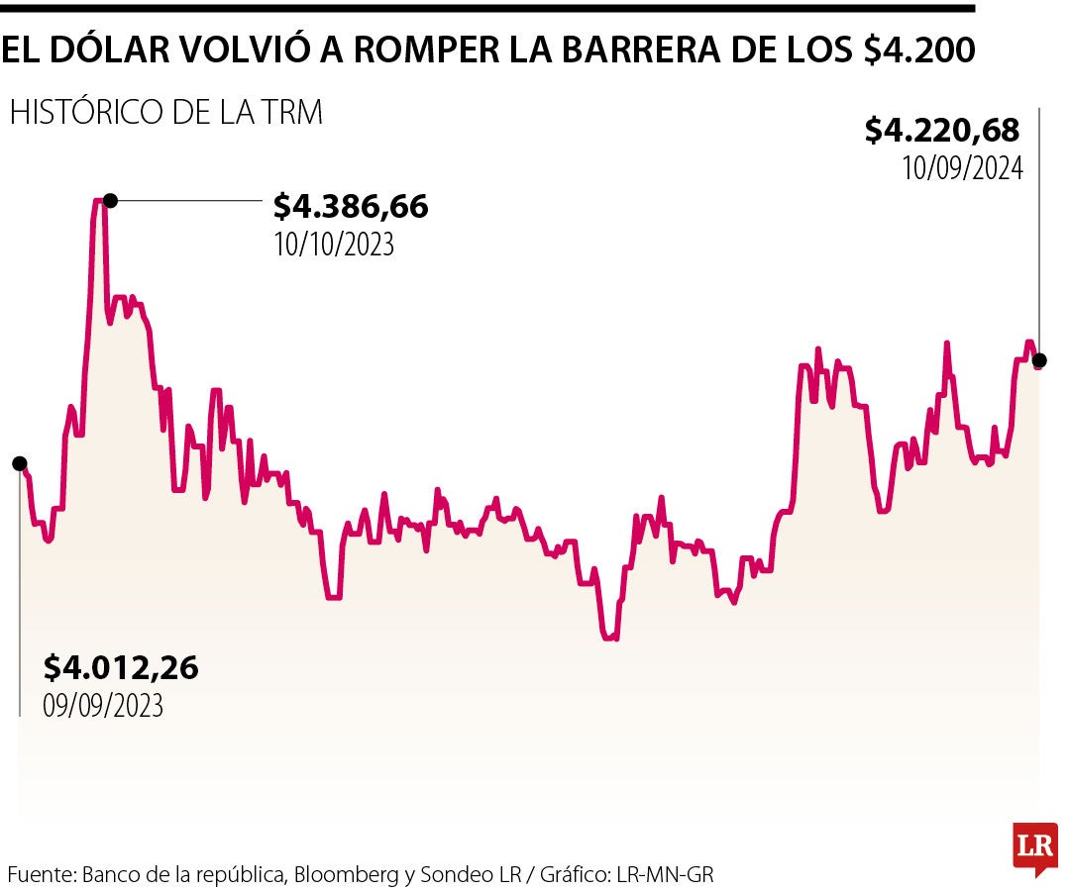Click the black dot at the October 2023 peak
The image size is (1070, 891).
[110, 201]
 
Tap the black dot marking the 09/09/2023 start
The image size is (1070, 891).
[20, 463]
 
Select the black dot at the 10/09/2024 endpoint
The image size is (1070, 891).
[1038, 360]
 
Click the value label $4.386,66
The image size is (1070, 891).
[351, 207]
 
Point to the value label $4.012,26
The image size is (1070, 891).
[121, 668]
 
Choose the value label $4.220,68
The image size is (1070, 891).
[942, 130]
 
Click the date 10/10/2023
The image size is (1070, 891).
[334, 245]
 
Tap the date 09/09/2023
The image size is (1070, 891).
[103, 706]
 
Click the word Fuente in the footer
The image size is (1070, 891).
[39, 875]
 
